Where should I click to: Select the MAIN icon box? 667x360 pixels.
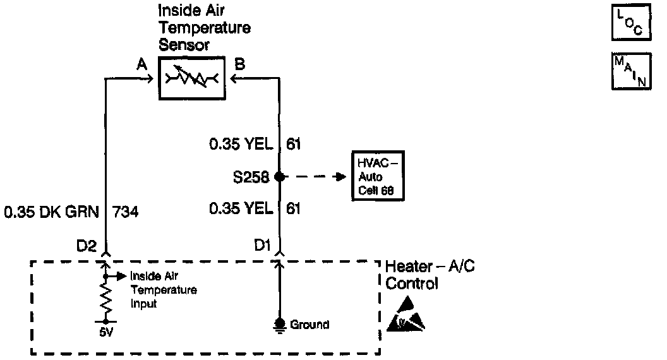coord(628,72)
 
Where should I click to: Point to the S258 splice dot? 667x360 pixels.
coord(279,177)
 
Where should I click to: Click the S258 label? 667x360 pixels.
coord(250,177)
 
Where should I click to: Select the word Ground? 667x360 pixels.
coord(309,325)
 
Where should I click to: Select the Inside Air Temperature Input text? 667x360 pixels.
coord(163,290)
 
